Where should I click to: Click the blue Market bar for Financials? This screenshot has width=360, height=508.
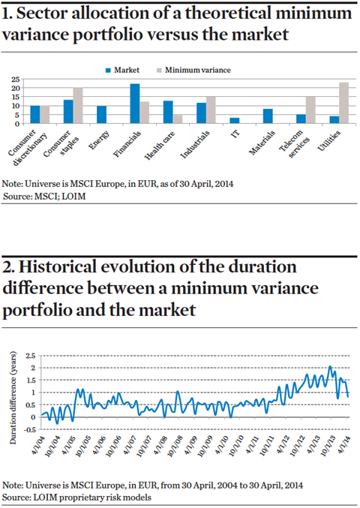(x=135, y=104)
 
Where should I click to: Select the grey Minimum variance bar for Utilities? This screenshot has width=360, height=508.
(x=343, y=103)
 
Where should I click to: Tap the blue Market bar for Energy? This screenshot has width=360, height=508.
(x=101, y=115)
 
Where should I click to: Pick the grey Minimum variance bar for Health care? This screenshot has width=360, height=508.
(x=178, y=119)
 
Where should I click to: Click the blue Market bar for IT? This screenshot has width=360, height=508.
(x=235, y=121)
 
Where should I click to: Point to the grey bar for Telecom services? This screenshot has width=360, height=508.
(x=310, y=110)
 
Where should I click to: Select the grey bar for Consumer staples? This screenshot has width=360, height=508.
(x=78, y=106)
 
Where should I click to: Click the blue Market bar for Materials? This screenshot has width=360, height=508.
(x=268, y=116)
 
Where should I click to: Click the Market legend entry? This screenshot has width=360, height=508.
(x=122, y=70)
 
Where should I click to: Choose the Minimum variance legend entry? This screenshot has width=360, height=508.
(x=193, y=70)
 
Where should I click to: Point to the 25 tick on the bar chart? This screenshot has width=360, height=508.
(x=16, y=79)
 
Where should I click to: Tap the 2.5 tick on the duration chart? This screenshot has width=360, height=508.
(x=31, y=356)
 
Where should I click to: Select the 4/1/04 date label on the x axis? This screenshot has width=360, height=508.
(x=39, y=446)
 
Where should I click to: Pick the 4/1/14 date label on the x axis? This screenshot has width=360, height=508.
(x=343, y=446)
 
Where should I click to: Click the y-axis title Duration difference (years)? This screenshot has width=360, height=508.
(x=13, y=398)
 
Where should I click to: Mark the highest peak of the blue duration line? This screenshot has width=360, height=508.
(x=330, y=366)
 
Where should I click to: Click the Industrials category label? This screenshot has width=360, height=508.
(x=195, y=145)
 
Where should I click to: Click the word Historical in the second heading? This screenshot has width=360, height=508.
(x=58, y=267)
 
